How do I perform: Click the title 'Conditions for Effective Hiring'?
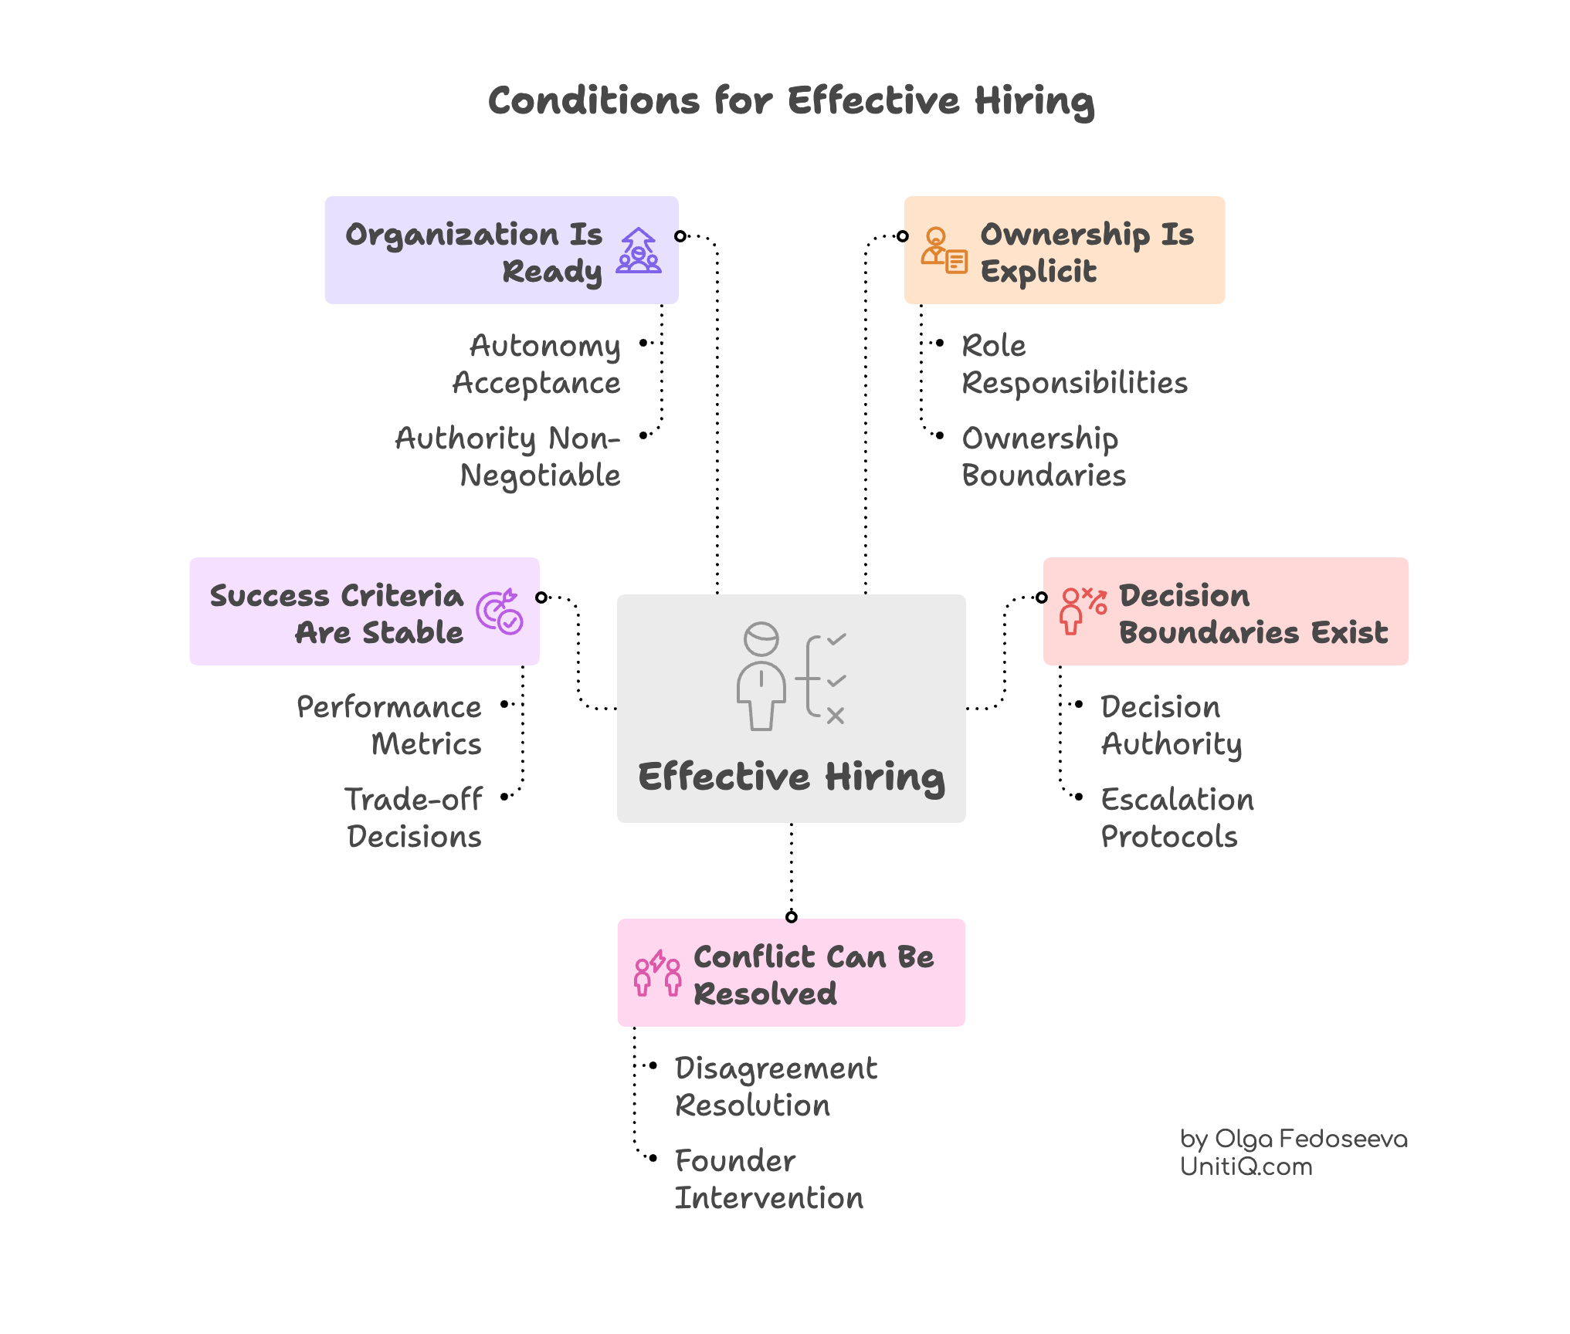pos(791,102)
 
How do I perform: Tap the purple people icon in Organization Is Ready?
pos(639,250)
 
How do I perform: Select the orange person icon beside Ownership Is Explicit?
pos(943,250)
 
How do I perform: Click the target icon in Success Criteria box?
pos(500,612)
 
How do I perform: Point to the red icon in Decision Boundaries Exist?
pos(1083,611)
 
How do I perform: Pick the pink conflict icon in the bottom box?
pos(657,973)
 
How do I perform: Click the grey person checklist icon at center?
pos(791,676)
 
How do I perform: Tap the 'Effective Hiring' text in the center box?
pos(791,777)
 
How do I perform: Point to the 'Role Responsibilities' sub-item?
pos(1073,364)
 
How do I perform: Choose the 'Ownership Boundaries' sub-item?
pos(1043,457)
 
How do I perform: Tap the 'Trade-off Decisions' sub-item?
pos(414,818)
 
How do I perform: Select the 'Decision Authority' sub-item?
pos(1171,726)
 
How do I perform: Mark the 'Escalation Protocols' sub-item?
pos(1176,818)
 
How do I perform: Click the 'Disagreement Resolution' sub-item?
pos(775,1087)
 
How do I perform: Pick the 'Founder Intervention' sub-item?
pos(768,1180)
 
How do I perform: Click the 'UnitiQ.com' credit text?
pos(1246,1166)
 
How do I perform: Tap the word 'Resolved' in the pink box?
pos(765,994)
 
